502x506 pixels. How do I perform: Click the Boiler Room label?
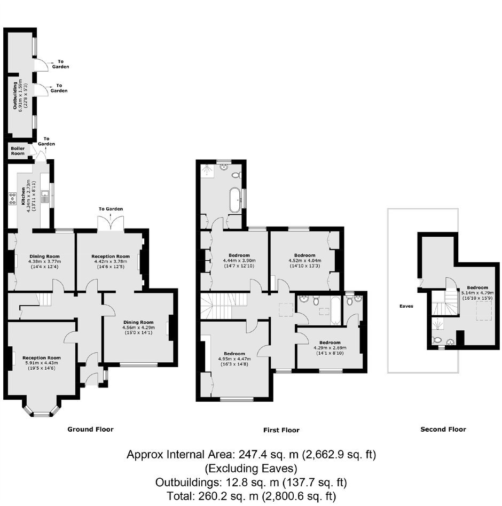(x=18, y=151)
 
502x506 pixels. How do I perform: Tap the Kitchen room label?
(x=23, y=196)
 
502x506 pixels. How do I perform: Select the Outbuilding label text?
(x=15, y=95)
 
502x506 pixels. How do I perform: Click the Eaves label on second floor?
(x=406, y=306)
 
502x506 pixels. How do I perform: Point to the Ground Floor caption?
(x=90, y=429)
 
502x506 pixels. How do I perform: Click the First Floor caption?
(x=281, y=430)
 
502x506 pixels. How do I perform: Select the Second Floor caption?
(x=443, y=429)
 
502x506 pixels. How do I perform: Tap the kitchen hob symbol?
(x=13, y=199)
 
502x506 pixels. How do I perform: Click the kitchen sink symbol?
(x=45, y=196)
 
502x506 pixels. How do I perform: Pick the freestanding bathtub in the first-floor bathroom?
(x=234, y=200)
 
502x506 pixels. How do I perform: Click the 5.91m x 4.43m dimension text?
(x=42, y=363)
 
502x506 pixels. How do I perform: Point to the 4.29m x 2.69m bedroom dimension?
(x=330, y=347)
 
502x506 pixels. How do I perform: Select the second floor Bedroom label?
(x=477, y=287)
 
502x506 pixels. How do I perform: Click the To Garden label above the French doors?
(x=111, y=209)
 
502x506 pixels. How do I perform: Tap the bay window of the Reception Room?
(x=42, y=410)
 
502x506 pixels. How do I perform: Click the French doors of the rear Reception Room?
(x=111, y=223)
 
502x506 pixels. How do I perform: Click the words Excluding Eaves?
(x=251, y=468)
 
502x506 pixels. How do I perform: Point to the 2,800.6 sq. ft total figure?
(x=299, y=496)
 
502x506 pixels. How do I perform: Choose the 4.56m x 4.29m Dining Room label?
(x=138, y=327)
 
